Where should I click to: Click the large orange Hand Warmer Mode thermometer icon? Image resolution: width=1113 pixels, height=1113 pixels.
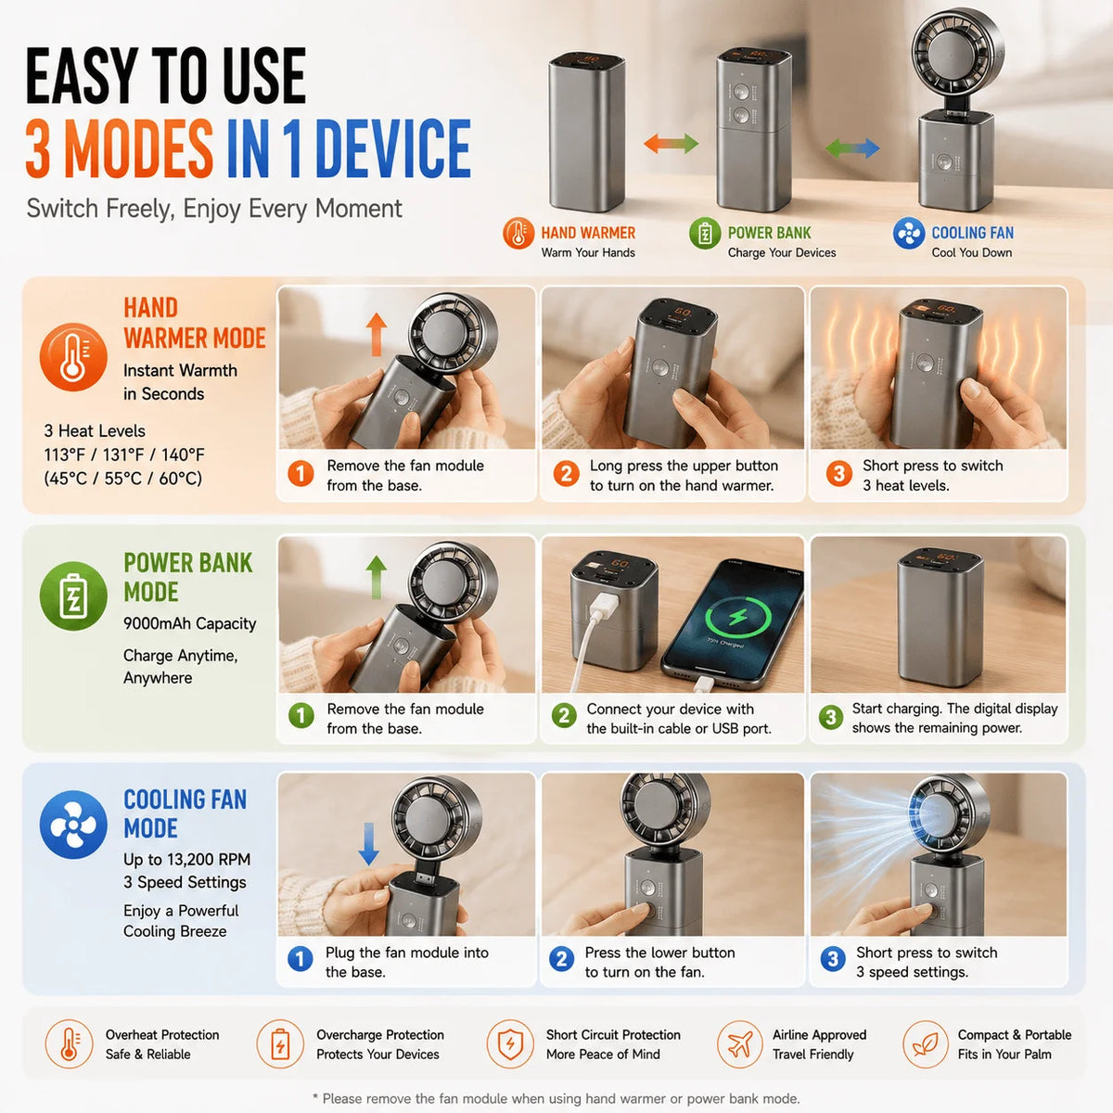73,357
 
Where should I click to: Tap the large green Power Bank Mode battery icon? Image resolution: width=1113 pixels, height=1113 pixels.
73,595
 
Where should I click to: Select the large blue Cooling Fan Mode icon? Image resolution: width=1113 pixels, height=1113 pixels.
73,825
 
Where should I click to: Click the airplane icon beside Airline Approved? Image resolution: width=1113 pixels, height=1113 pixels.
740,1043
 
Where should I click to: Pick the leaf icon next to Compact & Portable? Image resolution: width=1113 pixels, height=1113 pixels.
926,1043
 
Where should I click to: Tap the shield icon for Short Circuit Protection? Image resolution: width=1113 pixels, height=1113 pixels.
510,1043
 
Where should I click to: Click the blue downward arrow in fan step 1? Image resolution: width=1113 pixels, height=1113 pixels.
368,844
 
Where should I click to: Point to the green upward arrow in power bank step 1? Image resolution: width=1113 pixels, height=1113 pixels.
376,577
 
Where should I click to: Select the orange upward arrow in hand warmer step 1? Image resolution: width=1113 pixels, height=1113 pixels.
376,335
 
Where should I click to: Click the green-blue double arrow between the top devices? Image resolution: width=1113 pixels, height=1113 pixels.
852,147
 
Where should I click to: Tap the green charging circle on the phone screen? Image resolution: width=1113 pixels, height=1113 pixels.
737,617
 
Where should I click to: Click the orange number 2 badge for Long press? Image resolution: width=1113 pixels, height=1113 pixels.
566,474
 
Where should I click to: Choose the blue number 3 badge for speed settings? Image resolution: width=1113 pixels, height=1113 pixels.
832,959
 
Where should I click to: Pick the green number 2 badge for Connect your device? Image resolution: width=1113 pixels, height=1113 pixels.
564,716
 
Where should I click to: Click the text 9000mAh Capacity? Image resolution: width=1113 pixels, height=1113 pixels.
189,624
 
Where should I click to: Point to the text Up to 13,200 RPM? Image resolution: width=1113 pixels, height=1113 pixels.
186,860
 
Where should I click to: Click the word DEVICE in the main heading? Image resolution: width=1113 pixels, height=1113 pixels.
393,147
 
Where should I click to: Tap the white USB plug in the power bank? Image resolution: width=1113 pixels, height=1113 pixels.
603,608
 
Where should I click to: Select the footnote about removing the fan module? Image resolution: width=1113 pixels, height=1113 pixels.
556,1098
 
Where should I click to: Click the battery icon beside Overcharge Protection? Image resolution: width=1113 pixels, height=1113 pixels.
280,1043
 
